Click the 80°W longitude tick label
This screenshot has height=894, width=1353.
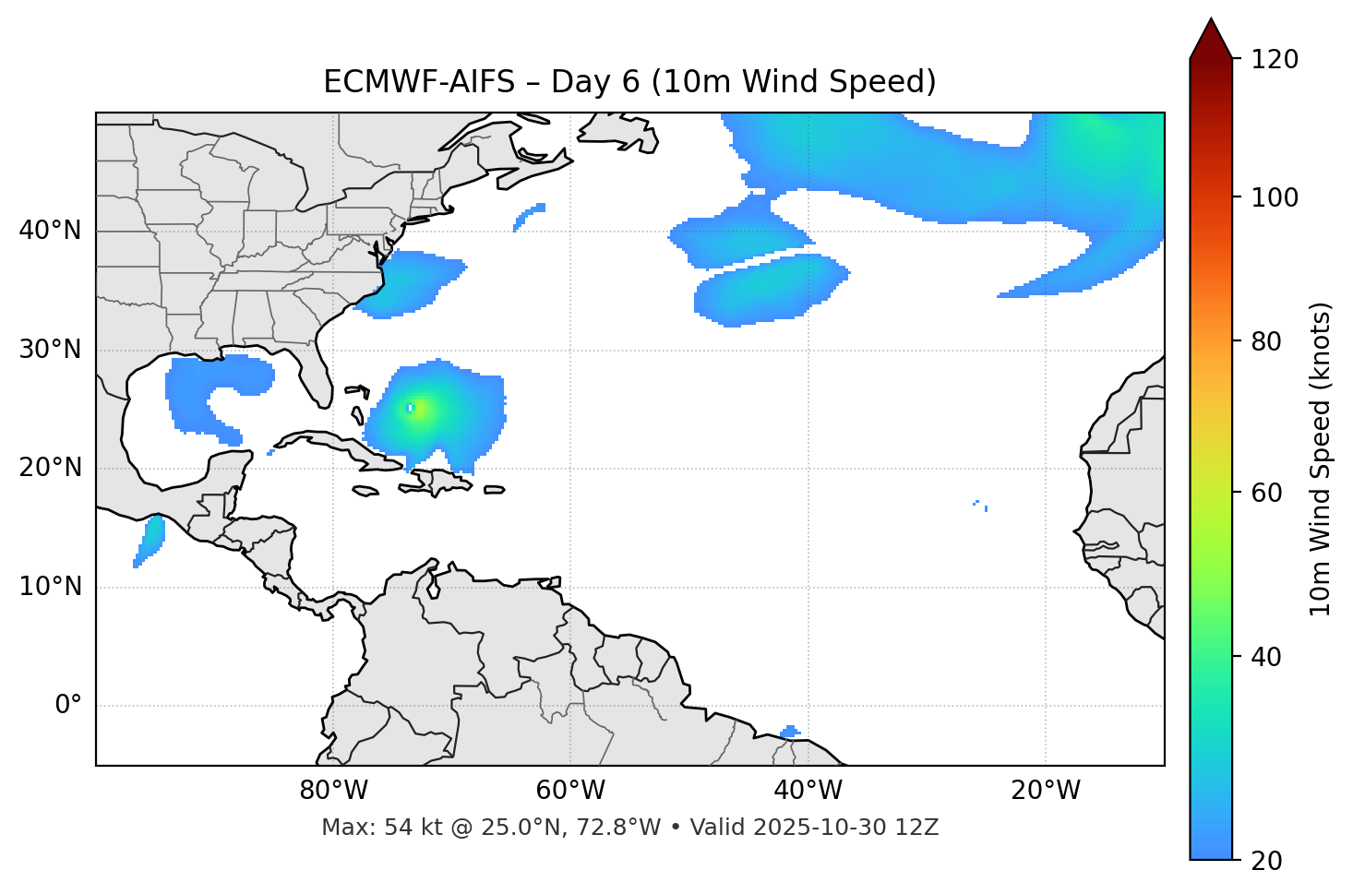(x=333, y=791)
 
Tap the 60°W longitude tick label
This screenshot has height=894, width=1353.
(x=570, y=791)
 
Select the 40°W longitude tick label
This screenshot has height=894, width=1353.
(x=808, y=791)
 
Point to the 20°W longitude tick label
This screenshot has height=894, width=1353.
(x=1046, y=791)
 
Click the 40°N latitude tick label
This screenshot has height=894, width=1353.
(x=51, y=231)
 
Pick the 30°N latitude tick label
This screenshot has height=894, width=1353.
(x=51, y=350)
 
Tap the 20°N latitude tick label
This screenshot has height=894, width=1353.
(x=51, y=468)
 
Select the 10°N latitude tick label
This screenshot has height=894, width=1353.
(x=51, y=587)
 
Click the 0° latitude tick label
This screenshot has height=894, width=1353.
(x=68, y=706)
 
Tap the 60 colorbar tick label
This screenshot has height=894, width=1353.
(x=1270, y=493)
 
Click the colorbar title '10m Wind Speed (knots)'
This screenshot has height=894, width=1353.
(x=1321, y=459)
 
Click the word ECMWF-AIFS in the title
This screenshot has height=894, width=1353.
(x=419, y=82)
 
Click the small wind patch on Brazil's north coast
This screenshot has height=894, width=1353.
(x=790, y=733)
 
